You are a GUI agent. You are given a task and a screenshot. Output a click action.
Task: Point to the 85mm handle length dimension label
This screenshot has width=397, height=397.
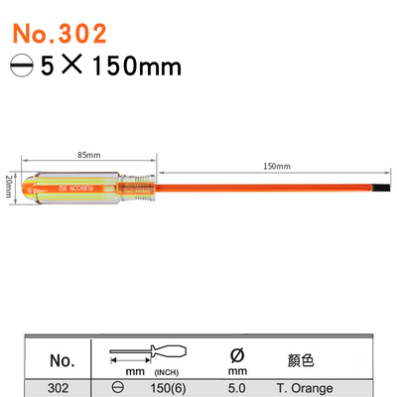87,156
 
